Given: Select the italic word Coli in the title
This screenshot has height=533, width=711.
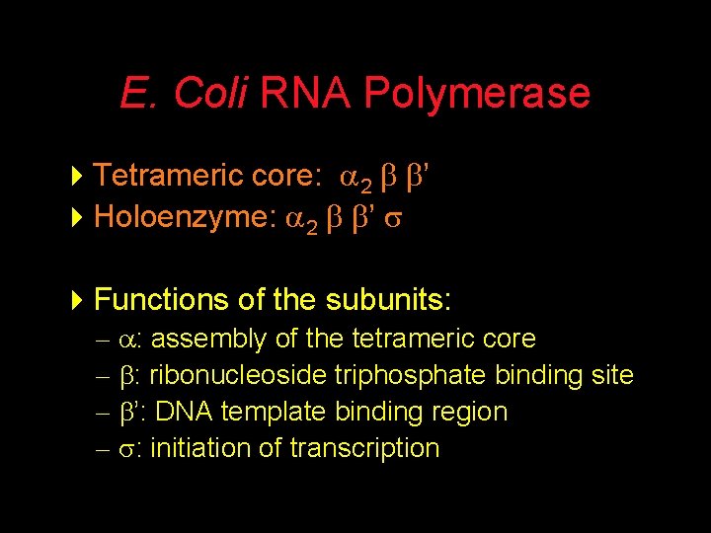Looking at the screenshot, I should tap(210, 94).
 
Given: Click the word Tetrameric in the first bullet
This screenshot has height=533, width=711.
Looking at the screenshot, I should tap(163, 176).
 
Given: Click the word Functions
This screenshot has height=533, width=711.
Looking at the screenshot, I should tap(159, 299).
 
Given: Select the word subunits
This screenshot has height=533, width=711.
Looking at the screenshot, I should tap(390, 299).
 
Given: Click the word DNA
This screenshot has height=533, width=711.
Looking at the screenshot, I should tap(180, 412).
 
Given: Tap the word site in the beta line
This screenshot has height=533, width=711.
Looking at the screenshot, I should tap(609, 376).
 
